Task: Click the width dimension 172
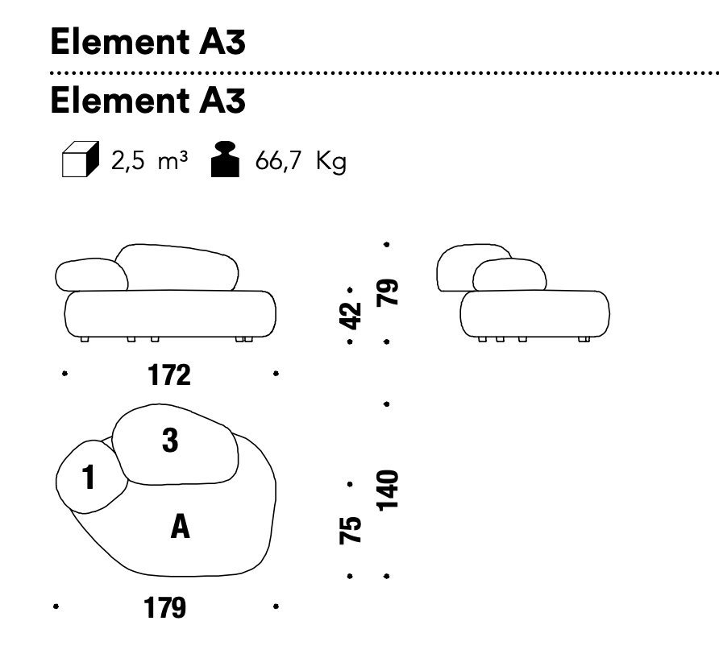[x=169, y=375]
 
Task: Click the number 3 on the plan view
[x=170, y=441]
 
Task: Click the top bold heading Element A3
[x=147, y=43]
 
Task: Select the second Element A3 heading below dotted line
[x=147, y=101]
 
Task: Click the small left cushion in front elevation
[x=91, y=276]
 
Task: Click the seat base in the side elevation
[x=535, y=313]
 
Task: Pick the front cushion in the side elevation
[x=509, y=275]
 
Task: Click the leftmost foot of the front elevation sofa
[x=85, y=341]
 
